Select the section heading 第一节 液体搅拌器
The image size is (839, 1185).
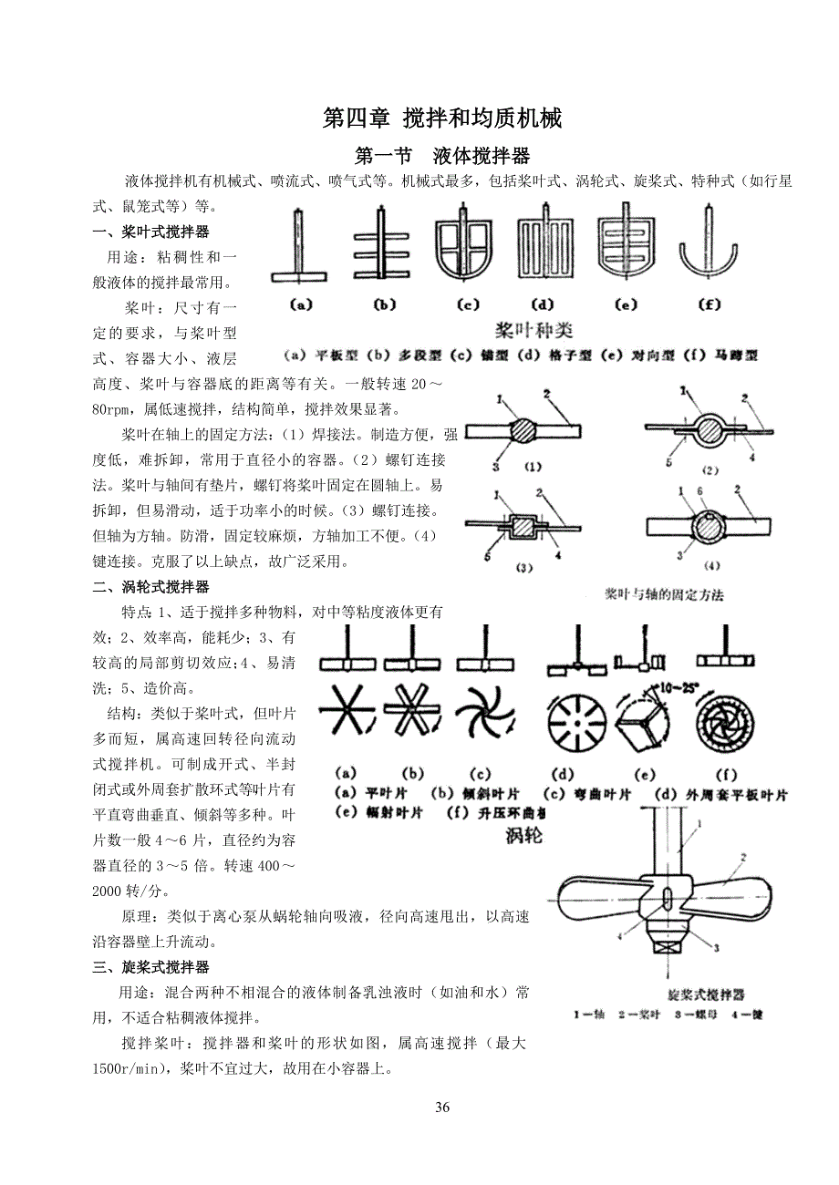click(442, 154)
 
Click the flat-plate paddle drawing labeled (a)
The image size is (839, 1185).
click(299, 247)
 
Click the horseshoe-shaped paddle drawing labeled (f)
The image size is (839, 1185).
click(709, 247)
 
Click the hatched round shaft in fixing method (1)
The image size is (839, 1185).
click(523, 428)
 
